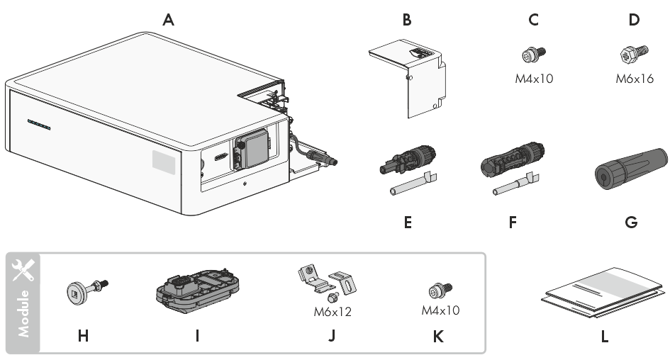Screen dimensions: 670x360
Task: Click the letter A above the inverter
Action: point(168,20)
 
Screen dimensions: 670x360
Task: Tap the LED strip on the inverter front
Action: point(39,124)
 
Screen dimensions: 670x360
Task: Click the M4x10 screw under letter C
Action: point(534,55)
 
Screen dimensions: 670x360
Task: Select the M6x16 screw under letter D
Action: point(634,55)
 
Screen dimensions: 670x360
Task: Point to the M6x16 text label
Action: point(635,79)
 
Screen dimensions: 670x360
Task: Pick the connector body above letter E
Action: point(408,159)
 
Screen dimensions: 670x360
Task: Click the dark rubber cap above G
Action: point(631,169)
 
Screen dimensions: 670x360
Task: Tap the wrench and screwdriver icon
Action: point(23,270)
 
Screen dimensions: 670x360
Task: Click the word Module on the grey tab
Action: point(23,314)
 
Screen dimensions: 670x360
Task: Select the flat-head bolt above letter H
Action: point(87,290)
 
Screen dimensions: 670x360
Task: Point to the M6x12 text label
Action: point(333,312)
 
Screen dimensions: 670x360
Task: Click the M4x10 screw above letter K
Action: point(440,291)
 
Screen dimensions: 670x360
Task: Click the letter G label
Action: point(631,222)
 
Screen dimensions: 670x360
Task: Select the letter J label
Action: point(332,336)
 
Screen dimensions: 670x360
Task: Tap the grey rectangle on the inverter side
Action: point(164,162)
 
